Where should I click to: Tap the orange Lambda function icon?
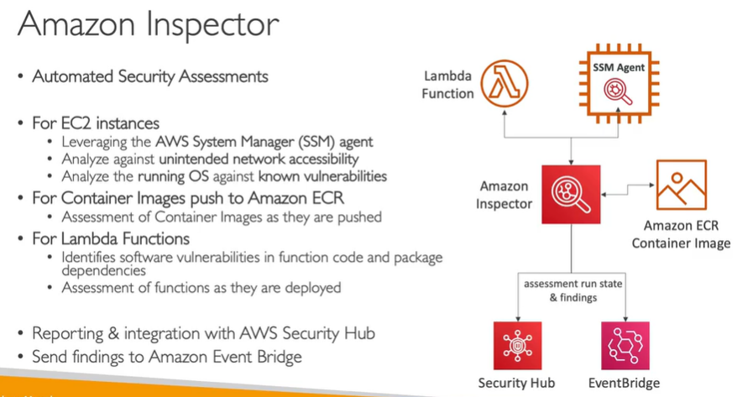(x=504, y=84)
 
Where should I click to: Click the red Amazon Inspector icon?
(x=571, y=194)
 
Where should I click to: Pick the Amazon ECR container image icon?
(x=681, y=185)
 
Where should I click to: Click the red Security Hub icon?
(x=517, y=345)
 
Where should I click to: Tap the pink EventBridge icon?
(x=625, y=345)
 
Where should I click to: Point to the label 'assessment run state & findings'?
(x=572, y=290)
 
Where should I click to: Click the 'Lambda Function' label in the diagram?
(x=448, y=85)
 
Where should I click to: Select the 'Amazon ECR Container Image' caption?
(x=681, y=233)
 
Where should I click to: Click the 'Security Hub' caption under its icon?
(x=517, y=383)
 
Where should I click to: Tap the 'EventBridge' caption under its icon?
(x=625, y=383)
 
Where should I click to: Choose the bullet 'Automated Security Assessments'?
(x=149, y=76)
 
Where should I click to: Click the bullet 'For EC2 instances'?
(x=95, y=123)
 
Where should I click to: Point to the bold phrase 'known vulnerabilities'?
(x=322, y=176)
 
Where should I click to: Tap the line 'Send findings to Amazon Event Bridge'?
(x=166, y=357)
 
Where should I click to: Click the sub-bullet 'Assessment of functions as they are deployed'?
(x=201, y=287)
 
